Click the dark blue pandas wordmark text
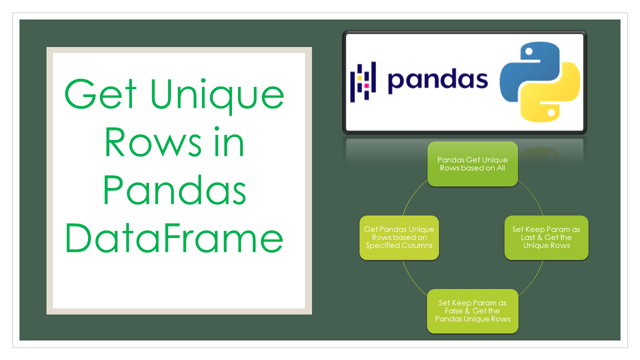click(437, 80)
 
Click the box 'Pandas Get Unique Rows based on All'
click(472, 164)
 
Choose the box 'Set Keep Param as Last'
click(546, 237)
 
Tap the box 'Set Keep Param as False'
click(472, 311)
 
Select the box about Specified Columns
click(399, 237)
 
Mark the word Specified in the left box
click(382, 245)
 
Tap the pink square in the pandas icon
click(366, 85)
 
